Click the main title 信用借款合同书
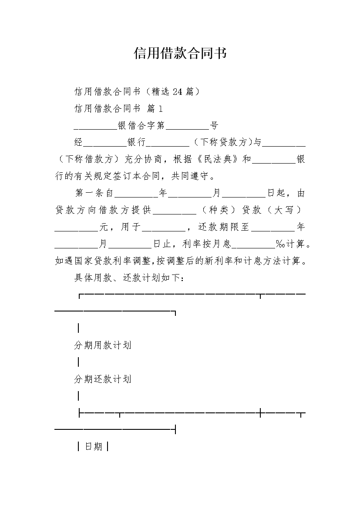(x=180, y=53)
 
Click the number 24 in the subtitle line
(x=178, y=91)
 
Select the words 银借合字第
(x=141, y=125)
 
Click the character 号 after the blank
(x=214, y=125)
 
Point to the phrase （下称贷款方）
(x=223, y=142)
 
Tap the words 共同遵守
(x=190, y=176)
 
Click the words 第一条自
(x=94, y=193)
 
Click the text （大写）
(x=285, y=210)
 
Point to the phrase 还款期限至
(x=224, y=227)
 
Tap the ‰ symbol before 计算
(x=280, y=244)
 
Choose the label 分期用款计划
(x=103, y=345)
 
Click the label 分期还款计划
(x=103, y=379)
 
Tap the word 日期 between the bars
(x=94, y=447)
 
